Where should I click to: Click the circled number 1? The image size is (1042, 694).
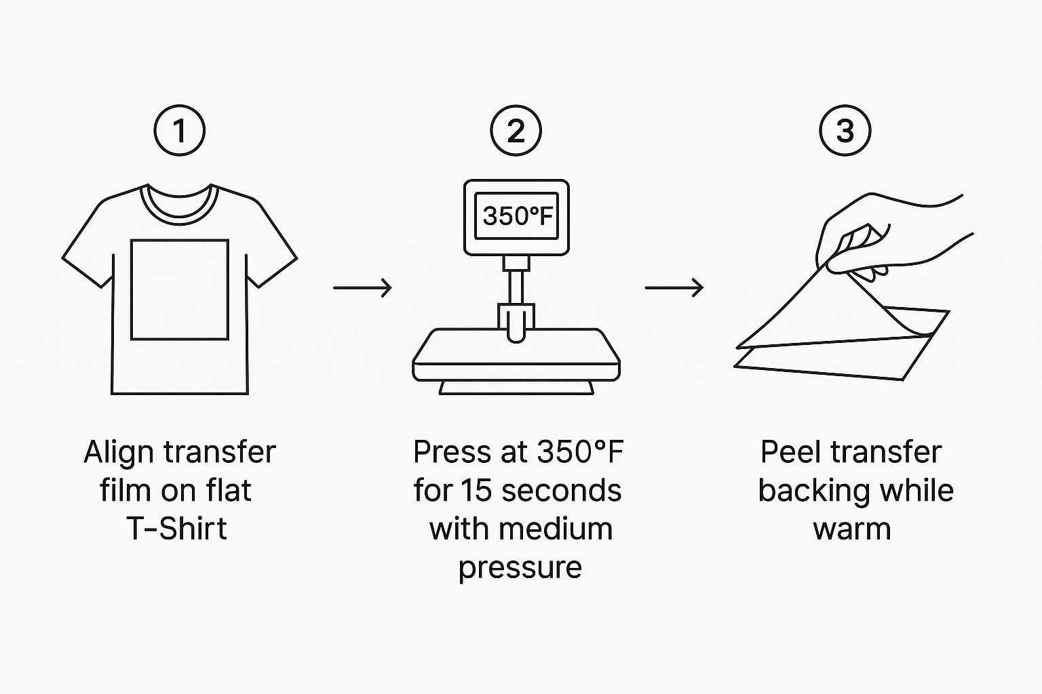pos(180,131)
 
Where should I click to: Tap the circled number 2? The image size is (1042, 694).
pos(516,131)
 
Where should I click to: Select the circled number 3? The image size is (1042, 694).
pos(845,131)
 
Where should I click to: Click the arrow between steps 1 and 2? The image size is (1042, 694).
pos(362,288)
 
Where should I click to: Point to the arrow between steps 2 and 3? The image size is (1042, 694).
pos(674,288)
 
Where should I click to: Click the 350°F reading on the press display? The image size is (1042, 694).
pos(518,216)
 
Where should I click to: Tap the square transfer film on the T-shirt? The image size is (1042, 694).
pos(180,239)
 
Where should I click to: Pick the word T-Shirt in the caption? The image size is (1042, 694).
pos(177,529)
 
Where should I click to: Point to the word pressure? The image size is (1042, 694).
pos(520,568)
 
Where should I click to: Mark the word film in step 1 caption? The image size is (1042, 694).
pos(126,491)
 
